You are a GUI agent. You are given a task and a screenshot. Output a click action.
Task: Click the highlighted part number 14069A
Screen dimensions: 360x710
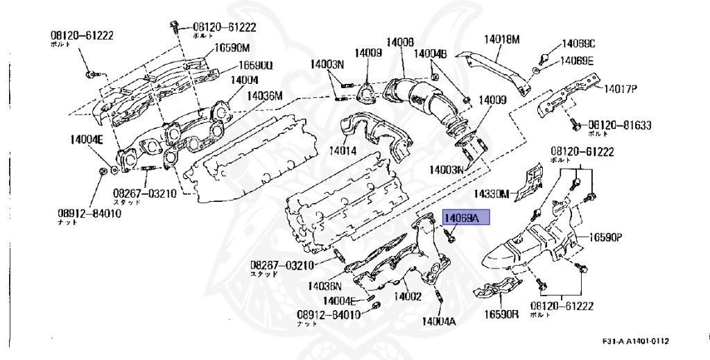(466, 218)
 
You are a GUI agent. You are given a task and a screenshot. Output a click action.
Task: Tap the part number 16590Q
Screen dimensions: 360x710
(256, 65)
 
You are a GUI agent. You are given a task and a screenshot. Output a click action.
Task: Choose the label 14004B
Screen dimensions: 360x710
(431, 53)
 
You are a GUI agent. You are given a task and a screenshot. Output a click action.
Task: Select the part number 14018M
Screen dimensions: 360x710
(501, 40)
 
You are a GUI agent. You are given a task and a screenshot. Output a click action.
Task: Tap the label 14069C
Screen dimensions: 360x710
(578, 44)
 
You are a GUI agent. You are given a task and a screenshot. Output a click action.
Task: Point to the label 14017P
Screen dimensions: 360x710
(621, 89)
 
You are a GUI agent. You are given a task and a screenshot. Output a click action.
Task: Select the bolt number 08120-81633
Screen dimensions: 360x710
(620, 124)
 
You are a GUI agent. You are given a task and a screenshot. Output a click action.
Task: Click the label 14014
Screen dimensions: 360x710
(343, 150)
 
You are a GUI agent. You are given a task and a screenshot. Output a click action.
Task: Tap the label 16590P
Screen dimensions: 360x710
(607, 237)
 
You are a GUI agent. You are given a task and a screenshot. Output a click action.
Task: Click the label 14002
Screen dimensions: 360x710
(408, 297)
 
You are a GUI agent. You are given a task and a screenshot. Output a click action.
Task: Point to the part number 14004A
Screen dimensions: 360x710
(439, 321)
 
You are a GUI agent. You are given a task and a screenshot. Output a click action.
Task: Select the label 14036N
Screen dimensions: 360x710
(325, 285)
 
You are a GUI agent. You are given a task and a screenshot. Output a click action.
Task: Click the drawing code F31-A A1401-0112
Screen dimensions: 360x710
(636, 341)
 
